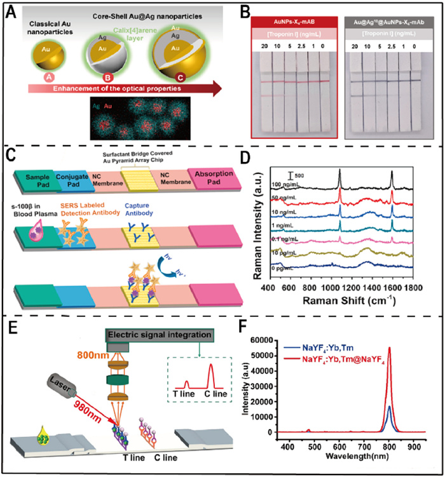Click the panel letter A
pos(10,11)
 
